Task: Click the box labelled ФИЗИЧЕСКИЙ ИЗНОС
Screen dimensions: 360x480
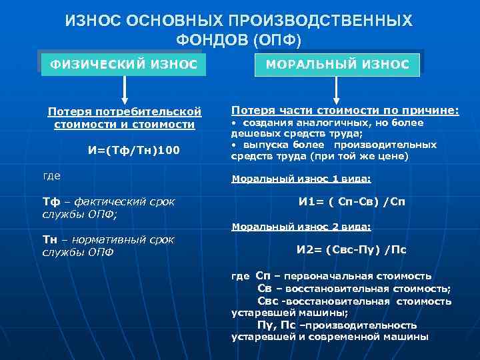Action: click(120, 65)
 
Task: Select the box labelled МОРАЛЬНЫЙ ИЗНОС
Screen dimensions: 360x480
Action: click(337, 65)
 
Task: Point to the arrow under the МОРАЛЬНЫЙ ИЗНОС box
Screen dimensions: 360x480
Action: click(337, 89)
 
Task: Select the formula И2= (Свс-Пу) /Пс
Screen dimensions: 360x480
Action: click(351, 250)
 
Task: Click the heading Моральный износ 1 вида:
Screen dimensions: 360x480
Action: click(301, 179)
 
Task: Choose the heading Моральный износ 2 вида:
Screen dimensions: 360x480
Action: click(301, 227)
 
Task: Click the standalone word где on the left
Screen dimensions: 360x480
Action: click(51, 175)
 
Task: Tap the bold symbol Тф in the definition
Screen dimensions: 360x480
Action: click(51, 201)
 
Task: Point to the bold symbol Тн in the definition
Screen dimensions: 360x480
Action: click(51, 239)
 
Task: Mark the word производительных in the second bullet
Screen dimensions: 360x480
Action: click(385, 145)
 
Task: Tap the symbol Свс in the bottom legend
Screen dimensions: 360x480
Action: click(267, 301)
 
